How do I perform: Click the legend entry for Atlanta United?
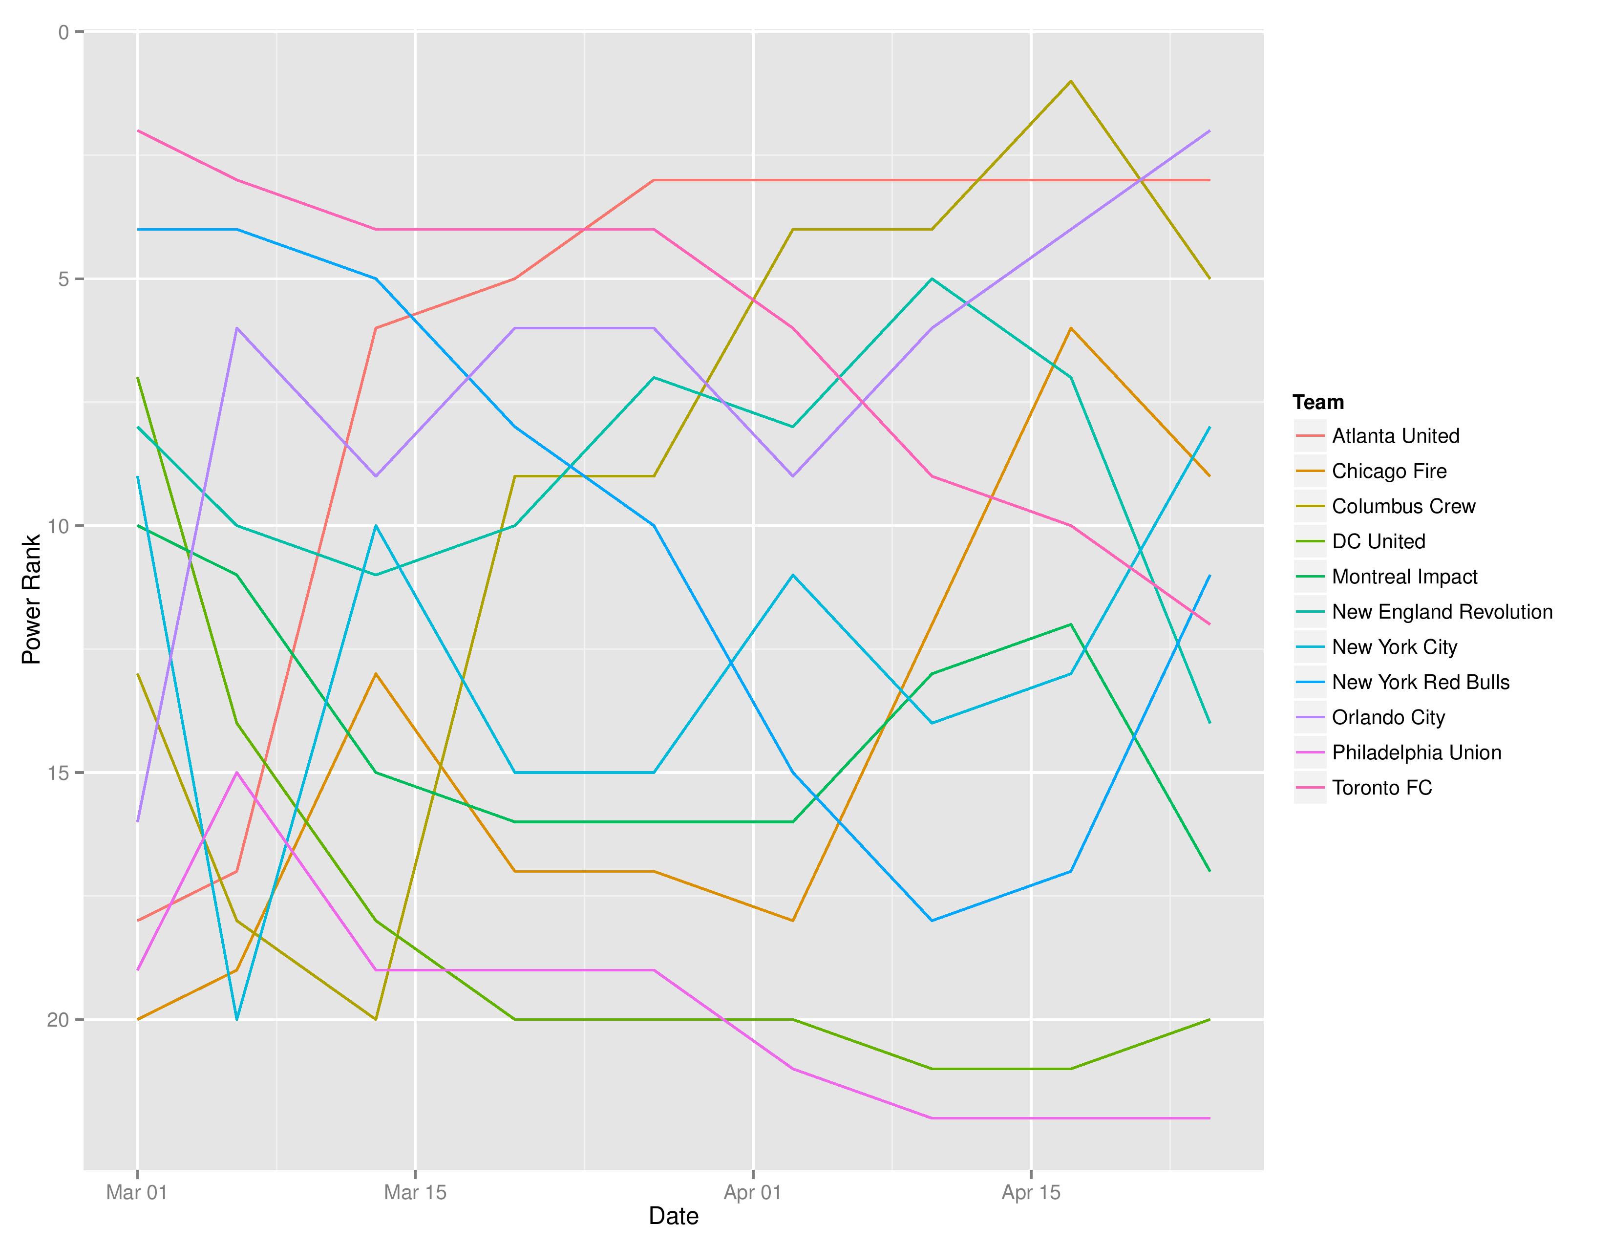click(1395, 436)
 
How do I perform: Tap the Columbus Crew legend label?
click(1403, 506)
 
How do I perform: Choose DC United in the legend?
click(1378, 542)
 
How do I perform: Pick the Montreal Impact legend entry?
click(1404, 577)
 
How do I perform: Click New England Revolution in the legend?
click(1442, 612)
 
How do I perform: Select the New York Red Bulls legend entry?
click(1420, 683)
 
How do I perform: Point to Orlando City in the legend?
click(1388, 717)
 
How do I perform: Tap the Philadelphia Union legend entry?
click(1416, 753)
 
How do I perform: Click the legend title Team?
click(1318, 402)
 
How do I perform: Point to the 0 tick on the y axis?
click(64, 32)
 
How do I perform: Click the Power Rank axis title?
click(31, 600)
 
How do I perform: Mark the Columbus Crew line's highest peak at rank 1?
click(1070, 81)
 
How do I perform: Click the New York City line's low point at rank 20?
click(237, 1019)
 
